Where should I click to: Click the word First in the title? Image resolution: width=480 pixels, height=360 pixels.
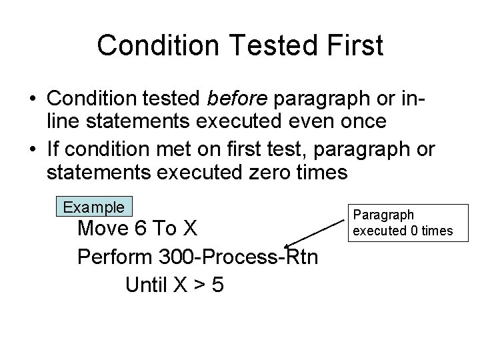click(351, 45)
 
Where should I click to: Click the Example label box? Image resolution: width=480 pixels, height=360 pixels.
click(93, 207)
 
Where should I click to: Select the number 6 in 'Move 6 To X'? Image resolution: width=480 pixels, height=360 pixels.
click(140, 229)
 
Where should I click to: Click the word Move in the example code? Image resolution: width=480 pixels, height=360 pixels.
click(103, 229)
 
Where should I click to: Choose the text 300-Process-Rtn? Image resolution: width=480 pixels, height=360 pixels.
click(243, 257)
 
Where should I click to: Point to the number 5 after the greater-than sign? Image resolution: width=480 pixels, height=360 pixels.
click(217, 285)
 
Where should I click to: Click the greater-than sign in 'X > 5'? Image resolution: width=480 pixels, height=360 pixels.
click(198, 285)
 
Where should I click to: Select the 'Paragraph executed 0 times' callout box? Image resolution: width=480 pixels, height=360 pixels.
click(402, 223)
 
